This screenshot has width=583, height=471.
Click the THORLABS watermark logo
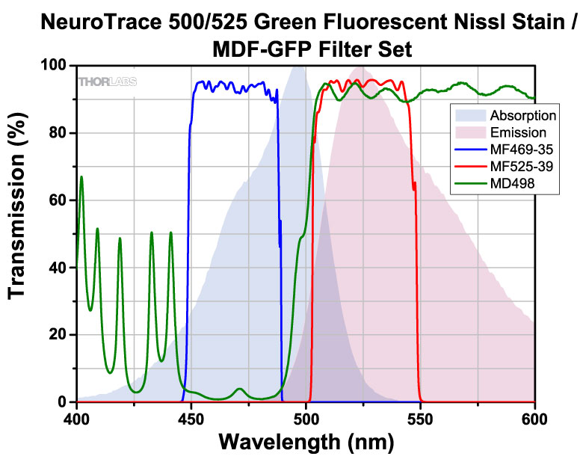[x=108, y=81]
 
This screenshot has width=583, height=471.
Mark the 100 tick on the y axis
[x=55, y=65]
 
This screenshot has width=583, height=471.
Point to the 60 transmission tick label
[x=60, y=200]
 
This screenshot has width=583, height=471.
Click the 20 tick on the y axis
[x=60, y=335]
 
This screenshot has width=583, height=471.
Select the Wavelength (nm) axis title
[x=306, y=443]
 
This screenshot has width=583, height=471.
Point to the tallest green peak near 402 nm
[x=81, y=177]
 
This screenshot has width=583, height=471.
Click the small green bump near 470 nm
[x=239, y=389]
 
